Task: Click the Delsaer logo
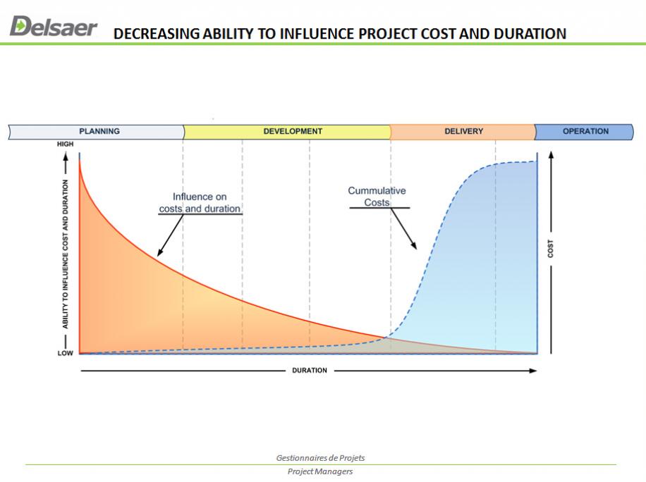54,26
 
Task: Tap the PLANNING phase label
99,131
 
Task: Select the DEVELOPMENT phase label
293,131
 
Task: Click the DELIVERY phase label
463,131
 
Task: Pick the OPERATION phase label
585,131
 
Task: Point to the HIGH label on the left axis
65,144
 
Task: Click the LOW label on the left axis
65,353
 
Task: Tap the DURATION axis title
310,371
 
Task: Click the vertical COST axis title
550,249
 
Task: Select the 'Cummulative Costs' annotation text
377,197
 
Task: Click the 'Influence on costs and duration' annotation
200,202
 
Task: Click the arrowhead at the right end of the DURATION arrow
533,371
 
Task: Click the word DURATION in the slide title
530,34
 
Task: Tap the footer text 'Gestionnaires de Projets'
320,458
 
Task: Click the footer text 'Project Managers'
320,471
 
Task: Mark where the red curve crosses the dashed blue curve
386,338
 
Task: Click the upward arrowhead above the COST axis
551,155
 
